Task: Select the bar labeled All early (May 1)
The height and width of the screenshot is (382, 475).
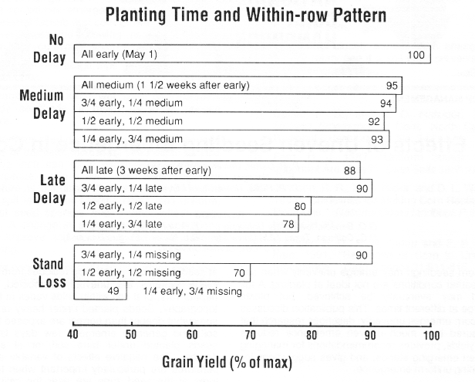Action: coord(251,55)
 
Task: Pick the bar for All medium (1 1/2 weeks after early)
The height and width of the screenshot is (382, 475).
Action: coord(237,86)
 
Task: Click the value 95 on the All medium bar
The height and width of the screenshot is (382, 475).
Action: coord(392,86)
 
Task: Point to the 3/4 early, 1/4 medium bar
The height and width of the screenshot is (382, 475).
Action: coord(234,103)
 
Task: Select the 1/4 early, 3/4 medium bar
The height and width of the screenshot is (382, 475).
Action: coord(231,139)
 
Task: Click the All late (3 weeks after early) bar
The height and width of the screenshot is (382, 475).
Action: coord(217,171)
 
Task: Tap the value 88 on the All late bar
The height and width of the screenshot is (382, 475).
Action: coord(351,171)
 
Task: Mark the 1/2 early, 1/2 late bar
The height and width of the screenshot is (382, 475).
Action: coord(192,206)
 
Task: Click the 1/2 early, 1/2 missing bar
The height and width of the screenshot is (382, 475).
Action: coord(162,273)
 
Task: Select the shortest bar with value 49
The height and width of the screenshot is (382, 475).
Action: coord(99,291)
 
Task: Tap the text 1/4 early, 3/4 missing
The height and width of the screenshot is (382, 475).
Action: coord(193,292)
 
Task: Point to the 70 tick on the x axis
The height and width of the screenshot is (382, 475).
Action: coord(251,336)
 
